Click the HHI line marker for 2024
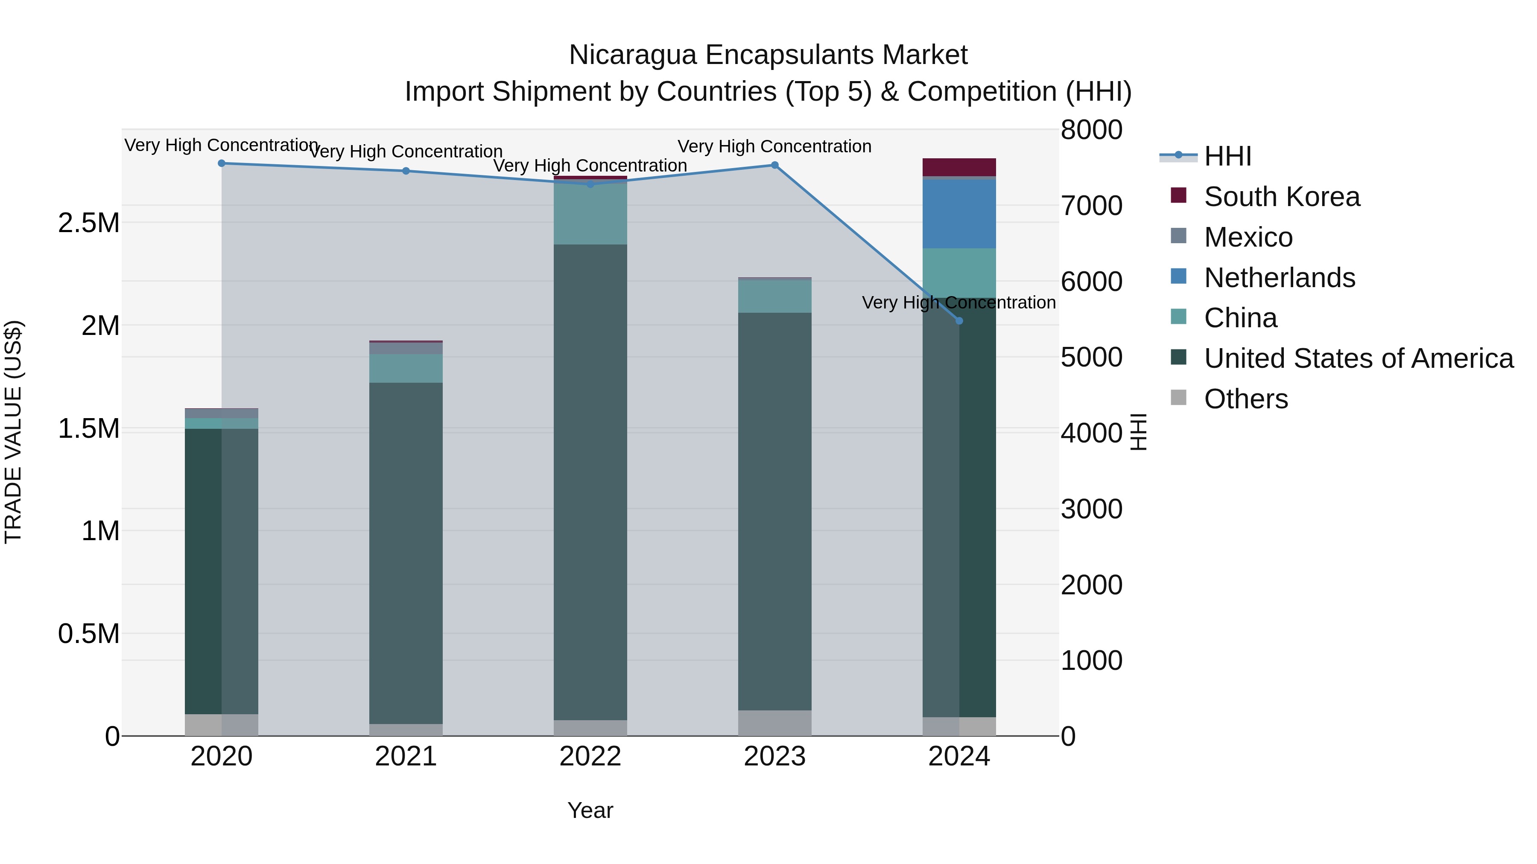point(959,321)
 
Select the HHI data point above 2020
point(221,163)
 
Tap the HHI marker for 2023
point(774,165)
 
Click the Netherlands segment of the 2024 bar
point(959,213)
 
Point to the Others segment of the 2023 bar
point(774,723)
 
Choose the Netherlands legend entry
point(1279,278)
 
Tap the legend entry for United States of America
point(1358,358)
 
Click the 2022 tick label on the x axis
point(590,756)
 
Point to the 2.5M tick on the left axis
point(88,223)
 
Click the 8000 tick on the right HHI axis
point(1091,130)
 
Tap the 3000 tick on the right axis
point(1091,509)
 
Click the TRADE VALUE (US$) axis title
point(13,432)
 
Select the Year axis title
point(590,810)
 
